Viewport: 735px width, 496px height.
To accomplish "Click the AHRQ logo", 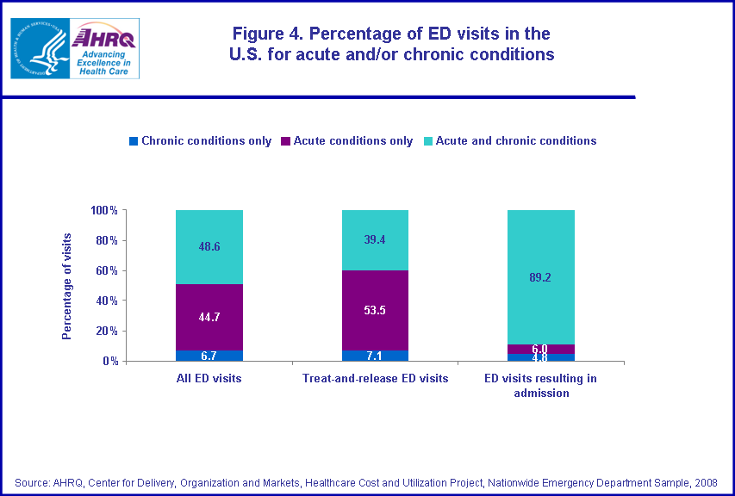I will coord(104,49).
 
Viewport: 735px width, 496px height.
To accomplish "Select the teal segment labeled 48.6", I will coord(209,247).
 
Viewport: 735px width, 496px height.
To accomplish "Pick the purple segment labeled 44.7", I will coord(209,317).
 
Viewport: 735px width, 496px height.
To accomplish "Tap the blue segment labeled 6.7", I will coord(209,356).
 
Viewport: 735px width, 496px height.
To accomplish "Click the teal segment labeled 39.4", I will coord(375,240).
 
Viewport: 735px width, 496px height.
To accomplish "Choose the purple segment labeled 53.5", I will coord(375,310).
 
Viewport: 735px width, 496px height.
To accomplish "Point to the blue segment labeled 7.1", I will coord(375,356).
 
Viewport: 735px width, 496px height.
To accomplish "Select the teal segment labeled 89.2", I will coord(540,277).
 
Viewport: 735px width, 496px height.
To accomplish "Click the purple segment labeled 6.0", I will coord(540,349).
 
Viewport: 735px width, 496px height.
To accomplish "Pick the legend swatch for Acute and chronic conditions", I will coord(428,140).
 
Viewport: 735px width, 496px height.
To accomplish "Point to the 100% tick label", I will coord(104,210).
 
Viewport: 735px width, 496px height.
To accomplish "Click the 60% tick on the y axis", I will coord(107,270).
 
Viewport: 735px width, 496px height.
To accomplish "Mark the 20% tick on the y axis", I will coord(107,331).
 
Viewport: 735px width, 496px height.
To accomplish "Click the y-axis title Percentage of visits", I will coord(66,286).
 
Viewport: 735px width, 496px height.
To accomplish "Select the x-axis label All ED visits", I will coord(209,379).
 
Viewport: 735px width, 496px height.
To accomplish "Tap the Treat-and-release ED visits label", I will coord(375,379).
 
